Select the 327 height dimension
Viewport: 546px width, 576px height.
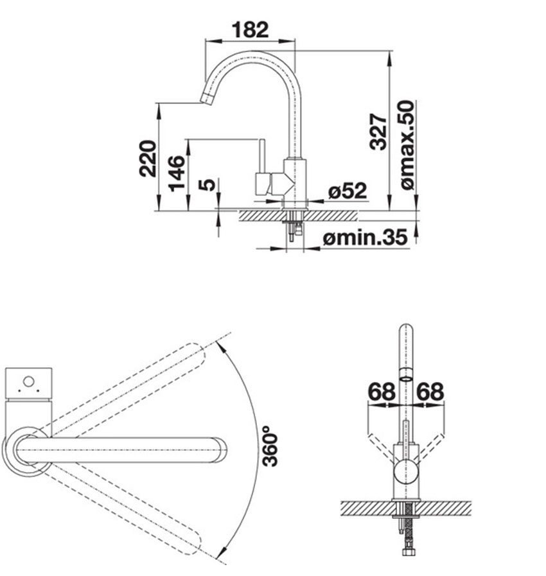tap(378, 132)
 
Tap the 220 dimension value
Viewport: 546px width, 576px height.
tap(148, 158)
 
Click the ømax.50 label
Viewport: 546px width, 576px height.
tap(407, 145)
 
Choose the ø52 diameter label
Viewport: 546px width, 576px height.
tap(347, 191)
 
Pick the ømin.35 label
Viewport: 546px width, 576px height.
tap(365, 238)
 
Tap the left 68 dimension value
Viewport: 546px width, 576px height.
tap(381, 391)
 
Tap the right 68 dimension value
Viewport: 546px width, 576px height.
tap(430, 391)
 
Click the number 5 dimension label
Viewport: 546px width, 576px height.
tap(207, 185)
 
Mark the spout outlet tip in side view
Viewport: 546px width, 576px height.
tap(207, 97)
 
